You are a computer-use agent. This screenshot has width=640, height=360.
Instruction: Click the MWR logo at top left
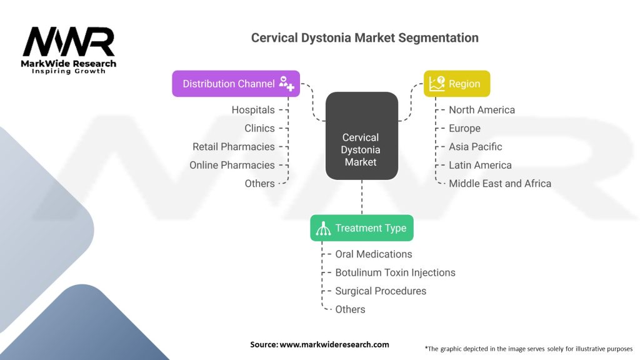(x=69, y=50)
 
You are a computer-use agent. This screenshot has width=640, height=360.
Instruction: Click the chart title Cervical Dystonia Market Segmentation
(x=364, y=38)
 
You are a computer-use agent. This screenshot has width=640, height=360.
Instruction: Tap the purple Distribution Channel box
(x=236, y=84)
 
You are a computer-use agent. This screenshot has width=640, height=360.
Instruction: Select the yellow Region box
(x=457, y=84)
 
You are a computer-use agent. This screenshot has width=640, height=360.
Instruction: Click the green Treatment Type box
(x=362, y=227)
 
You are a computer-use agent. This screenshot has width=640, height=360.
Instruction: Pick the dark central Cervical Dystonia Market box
(x=362, y=136)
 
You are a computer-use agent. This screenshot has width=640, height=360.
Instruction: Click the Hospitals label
(x=253, y=110)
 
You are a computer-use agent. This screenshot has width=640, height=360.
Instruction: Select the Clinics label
(x=259, y=128)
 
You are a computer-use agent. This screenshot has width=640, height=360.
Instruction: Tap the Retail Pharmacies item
(x=234, y=146)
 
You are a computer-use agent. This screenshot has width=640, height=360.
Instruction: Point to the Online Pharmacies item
(x=232, y=165)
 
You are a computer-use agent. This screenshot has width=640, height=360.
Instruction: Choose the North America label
(x=482, y=110)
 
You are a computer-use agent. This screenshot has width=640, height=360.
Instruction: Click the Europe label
(x=464, y=128)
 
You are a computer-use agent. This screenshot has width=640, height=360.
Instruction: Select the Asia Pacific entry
(x=475, y=146)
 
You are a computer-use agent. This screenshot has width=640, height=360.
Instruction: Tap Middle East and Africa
(x=499, y=183)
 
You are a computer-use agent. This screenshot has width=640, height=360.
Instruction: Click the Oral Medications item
(x=374, y=254)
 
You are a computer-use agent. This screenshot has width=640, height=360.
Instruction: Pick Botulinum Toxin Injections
(x=395, y=272)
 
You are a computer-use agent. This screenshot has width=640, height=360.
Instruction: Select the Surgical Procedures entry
(x=381, y=291)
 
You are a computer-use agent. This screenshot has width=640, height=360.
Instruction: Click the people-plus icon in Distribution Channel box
(x=286, y=83)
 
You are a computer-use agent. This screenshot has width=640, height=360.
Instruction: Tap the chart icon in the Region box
(x=437, y=84)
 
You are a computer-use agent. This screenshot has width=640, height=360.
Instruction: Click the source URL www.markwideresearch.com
(x=334, y=344)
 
